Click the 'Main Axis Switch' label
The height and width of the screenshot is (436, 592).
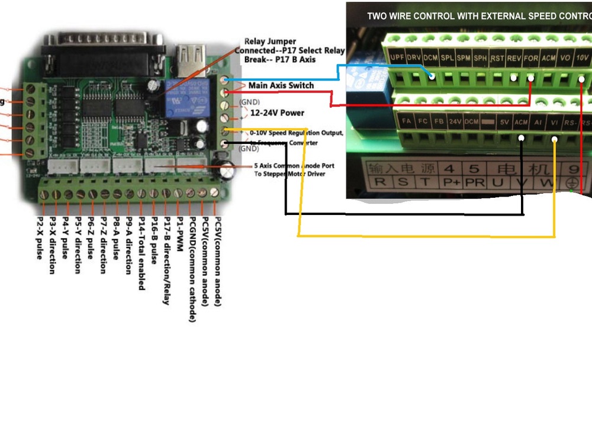281,85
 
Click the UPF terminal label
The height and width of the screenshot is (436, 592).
397,58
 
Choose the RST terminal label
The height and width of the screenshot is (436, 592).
497,58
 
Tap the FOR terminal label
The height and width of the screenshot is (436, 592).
531,58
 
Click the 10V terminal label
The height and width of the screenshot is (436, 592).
582,58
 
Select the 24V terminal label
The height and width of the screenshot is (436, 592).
455,121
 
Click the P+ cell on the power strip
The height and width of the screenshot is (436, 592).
452,182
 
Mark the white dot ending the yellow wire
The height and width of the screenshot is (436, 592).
555,140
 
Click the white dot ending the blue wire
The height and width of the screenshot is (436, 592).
432,76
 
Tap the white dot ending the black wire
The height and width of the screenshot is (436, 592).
522,139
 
